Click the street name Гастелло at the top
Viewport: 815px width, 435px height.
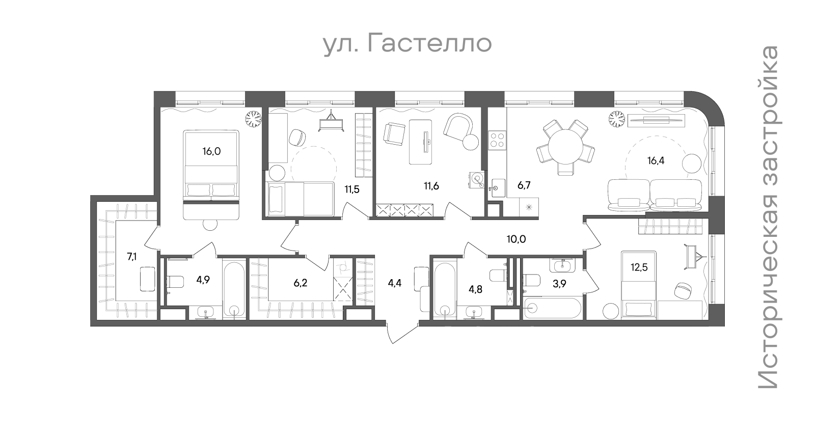pos(429,43)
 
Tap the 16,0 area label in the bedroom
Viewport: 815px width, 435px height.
pos(211,151)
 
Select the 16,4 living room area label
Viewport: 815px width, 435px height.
pos(656,160)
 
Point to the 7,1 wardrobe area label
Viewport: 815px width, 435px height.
pos(132,257)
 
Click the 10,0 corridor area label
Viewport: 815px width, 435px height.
pos(517,239)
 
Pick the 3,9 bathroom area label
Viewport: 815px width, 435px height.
pos(559,284)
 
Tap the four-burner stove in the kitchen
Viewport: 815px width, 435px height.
pos(497,140)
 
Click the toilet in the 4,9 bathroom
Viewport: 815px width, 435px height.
pos(175,282)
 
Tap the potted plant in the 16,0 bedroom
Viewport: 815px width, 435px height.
pos(253,118)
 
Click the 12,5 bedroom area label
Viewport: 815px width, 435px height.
pos(639,268)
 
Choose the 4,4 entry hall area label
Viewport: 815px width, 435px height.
pos(394,283)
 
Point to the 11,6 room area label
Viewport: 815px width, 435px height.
pos(431,186)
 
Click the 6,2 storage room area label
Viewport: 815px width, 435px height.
pos(301,283)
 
